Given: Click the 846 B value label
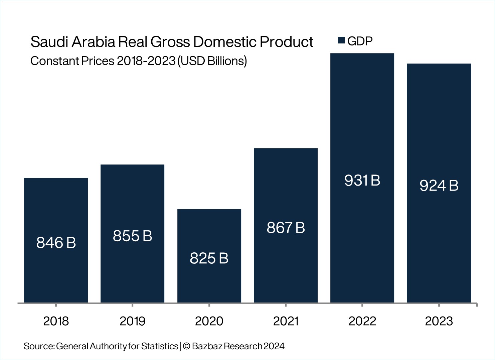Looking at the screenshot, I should coord(56,243).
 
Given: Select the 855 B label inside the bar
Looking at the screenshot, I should coord(133,236).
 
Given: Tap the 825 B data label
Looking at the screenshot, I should coord(209,258).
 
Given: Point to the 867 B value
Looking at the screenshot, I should coord(286,228).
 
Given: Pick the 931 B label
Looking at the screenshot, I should coord(362,181).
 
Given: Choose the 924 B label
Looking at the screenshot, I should coord(439,186).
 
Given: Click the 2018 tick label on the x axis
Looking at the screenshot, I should coord(56,321).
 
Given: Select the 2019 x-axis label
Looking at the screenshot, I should coord(133,321).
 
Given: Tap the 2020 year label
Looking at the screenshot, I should coord(209,321).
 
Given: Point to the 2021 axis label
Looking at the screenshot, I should coord(286,321).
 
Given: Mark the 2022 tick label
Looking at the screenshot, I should coord(362,321).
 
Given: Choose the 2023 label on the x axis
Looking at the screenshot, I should coord(439,321).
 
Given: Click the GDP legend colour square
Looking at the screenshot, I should coord(341,40).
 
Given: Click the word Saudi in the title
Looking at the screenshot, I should coord(49,42).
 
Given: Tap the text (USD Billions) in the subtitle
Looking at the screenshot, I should coord(212,61).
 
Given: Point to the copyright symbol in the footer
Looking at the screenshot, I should coord(186,346).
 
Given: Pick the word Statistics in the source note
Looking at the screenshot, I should coord(160,346).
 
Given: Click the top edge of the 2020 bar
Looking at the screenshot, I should coord(209,209).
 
